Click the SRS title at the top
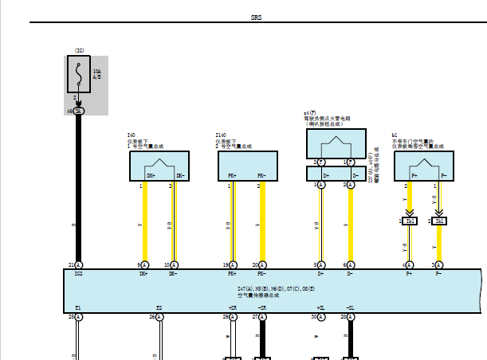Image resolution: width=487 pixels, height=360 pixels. point(255,16)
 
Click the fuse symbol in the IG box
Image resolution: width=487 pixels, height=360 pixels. point(79,74)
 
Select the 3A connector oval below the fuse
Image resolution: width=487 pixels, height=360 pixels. point(79,111)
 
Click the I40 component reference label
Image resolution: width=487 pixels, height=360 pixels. point(132,135)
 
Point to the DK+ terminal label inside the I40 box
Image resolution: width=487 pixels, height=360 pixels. point(151,175)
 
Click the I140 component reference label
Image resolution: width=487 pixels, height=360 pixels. point(221,135)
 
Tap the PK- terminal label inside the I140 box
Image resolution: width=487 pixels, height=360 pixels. point(261,175)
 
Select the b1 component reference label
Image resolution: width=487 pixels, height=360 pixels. point(395,135)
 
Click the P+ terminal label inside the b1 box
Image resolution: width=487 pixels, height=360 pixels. point(412,175)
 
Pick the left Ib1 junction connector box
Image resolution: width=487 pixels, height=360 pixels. point(410,221)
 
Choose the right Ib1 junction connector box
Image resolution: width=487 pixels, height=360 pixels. point(440,221)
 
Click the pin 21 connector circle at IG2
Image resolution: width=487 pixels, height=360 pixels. point(79,264)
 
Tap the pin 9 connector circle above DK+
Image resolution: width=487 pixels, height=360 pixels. point(144,264)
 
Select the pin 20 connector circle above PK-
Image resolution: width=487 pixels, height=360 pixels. point(263,264)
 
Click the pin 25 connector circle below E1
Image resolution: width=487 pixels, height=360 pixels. point(79,316)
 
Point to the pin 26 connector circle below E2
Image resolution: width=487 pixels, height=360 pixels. point(159,316)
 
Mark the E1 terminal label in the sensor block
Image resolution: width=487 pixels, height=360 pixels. point(78,307)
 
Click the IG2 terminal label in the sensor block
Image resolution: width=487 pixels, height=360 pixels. point(78,273)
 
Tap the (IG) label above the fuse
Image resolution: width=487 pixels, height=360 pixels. point(79,50)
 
